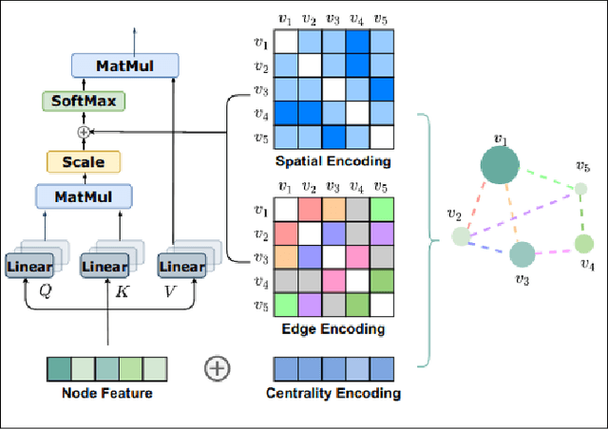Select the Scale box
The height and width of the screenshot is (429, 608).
pos(83,162)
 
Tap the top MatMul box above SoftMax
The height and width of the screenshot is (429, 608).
pos(124,65)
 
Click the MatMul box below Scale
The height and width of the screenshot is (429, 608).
pos(83,196)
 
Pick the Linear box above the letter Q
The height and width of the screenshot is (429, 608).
pos(29,267)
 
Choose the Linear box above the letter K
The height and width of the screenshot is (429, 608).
pos(104,267)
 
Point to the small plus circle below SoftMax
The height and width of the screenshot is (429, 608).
pos(83,131)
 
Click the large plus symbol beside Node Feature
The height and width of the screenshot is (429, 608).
pos(218,367)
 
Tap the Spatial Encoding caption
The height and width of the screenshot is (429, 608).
pos(329,161)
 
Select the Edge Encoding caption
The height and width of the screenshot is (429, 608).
pos(329,329)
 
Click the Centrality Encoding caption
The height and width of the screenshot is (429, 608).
pos(332,393)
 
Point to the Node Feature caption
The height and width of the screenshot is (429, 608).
pos(107,393)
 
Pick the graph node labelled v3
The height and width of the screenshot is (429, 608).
pos(522,253)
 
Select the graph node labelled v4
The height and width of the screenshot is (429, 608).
pos(583,244)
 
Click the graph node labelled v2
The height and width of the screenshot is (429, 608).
pos(461,235)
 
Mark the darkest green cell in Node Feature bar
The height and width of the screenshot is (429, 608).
pos(59,367)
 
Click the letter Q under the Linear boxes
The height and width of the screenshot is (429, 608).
pos(44,291)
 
